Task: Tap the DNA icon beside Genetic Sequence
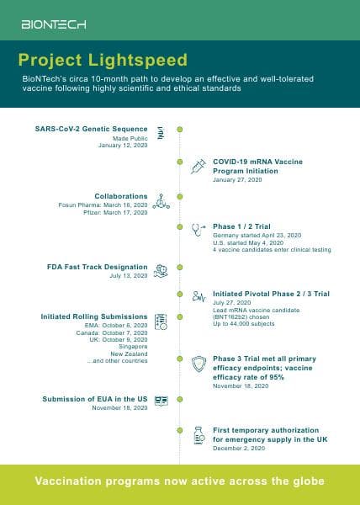[160, 132]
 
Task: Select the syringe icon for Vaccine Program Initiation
[199, 166]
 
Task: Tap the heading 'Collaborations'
[121, 196]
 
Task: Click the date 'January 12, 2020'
[123, 146]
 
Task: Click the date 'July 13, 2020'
[129, 275]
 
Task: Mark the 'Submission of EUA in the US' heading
[95, 398]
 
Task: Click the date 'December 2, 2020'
[238, 449]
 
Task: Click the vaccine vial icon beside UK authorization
[199, 435]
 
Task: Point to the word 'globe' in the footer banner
[309, 481]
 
